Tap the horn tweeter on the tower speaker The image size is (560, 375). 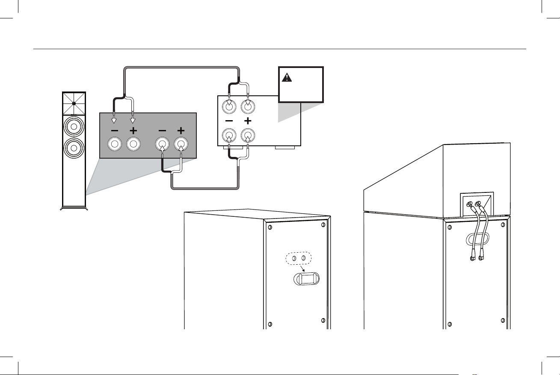pos(74,103)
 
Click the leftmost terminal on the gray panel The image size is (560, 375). pos(114,145)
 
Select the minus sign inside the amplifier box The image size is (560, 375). pos(229,121)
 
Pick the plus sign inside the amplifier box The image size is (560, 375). pos(247,121)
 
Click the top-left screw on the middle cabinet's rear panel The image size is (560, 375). pos(270,227)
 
